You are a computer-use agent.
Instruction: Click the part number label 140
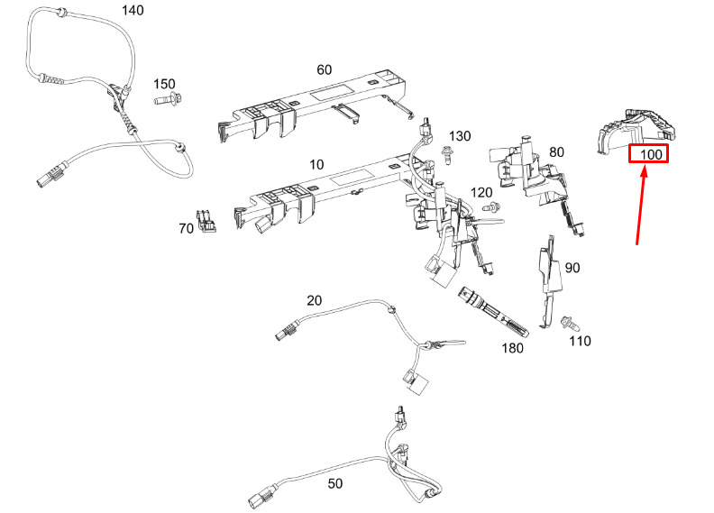pos(133,10)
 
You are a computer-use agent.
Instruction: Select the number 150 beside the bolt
pos(164,84)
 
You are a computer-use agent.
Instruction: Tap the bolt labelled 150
pos(169,98)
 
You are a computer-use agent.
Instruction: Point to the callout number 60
pos(325,69)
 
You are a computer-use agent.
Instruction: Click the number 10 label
pos(316,164)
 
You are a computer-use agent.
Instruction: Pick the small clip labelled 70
pos(206,221)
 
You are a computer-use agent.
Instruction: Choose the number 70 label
pos(187,228)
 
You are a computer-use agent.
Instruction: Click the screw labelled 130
pos(447,155)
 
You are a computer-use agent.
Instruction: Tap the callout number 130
pos(460,135)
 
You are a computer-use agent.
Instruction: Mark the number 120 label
pos(481,193)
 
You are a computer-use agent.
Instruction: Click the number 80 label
pos(556,151)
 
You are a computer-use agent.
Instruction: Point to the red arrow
pos(641,206)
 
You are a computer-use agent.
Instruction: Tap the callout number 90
pos(572,268)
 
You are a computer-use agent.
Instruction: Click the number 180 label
pos(512,348)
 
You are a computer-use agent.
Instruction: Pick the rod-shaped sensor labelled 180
pos(493,312)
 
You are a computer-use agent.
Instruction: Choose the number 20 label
pos(315,300)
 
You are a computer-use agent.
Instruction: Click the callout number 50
pos(335,483)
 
